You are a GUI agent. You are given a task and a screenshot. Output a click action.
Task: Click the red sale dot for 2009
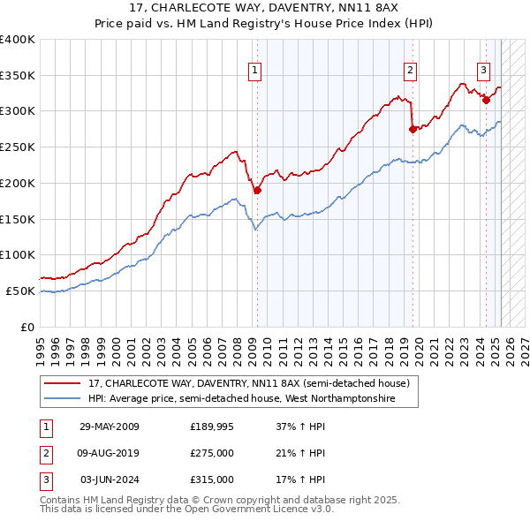click(x=257, y=189)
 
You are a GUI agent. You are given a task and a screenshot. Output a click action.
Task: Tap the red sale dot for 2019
click(x=413, y=129)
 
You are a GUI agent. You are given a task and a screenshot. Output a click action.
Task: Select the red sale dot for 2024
click(x=486, y=100)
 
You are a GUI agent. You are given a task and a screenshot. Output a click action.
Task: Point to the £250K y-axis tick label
click(x=18, y=147)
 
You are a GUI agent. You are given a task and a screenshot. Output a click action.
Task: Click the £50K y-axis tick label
click(x=20, y=291)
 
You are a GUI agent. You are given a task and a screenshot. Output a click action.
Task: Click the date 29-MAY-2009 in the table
click(x=110, y=427)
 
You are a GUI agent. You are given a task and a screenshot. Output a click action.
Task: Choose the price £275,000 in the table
click(x=212, y=453)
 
